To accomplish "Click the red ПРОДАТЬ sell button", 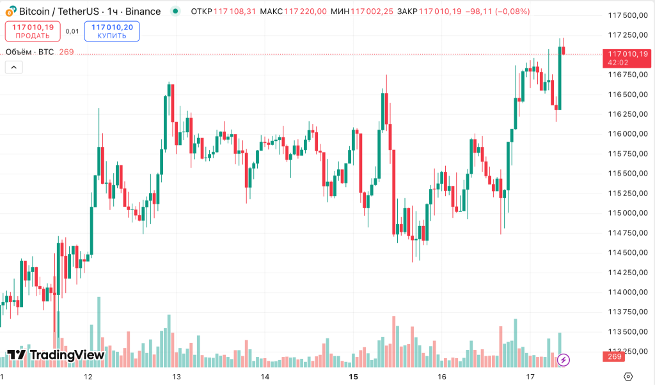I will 33,31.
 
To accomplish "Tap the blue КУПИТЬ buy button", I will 112,31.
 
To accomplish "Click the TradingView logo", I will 56,355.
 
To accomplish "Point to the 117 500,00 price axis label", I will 627,15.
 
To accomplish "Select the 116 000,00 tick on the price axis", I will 627,134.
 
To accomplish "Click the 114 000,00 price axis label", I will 627,292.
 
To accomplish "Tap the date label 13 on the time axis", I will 177,377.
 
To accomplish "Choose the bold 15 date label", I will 353,377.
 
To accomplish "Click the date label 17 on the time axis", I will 530,377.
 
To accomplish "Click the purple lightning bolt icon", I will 563,360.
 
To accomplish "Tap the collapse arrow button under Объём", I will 13,67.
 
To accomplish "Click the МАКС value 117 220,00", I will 305,11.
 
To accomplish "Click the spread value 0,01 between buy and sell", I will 72,31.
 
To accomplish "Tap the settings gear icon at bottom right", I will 628,376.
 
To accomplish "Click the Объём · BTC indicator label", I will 29,52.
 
